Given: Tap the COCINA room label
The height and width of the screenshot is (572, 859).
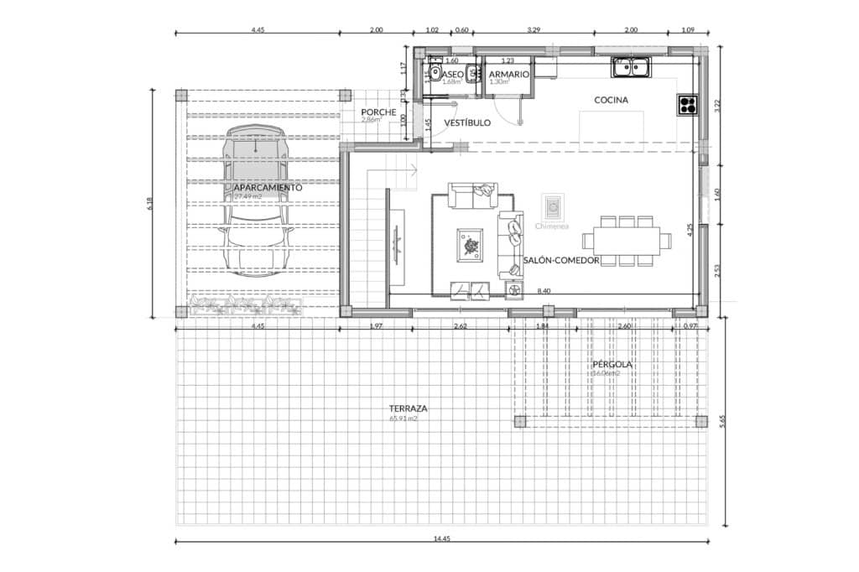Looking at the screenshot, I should (611, 100).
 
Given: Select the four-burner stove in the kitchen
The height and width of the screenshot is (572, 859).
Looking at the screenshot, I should (688, 105).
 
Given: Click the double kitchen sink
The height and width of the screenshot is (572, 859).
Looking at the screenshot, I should (632, 65).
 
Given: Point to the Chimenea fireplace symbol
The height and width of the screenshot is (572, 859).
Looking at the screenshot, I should (553, 206).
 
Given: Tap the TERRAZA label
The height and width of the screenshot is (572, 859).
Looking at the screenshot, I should (409, 408).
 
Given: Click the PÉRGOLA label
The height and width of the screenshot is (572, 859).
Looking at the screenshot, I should (612, 365).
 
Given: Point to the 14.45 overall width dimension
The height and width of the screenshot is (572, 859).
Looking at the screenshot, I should (442, 538).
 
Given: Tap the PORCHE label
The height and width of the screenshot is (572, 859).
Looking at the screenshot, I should (378, 112).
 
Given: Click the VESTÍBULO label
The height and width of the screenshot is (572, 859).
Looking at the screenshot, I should (467, 122).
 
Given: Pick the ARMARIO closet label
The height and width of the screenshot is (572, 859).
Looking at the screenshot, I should (509, 75).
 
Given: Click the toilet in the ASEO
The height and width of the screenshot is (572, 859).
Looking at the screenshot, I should (435, 73).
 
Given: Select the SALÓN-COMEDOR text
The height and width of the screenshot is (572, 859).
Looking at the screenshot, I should (561, 261).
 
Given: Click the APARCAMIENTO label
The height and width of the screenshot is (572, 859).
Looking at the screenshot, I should (268, 188).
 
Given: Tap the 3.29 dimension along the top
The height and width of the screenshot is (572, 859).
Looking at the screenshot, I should (533, 29).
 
